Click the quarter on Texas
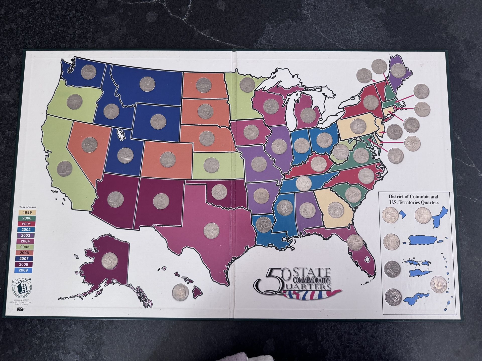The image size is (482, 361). pos(211,231)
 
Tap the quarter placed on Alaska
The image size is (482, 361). pos(110,261)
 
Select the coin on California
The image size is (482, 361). pos(65,169)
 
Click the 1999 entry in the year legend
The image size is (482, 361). pos(27,212)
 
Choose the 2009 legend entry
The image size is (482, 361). pos(23,270)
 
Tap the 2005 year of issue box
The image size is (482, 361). pos(25,247)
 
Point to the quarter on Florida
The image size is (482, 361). pos(355,242)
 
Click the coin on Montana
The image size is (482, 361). pos(147,84)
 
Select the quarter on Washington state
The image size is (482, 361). pos(89,72)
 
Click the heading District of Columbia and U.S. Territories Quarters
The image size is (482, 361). pos(413,200)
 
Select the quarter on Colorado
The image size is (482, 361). pos(168,159)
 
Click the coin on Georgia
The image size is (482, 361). pos(336,210)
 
